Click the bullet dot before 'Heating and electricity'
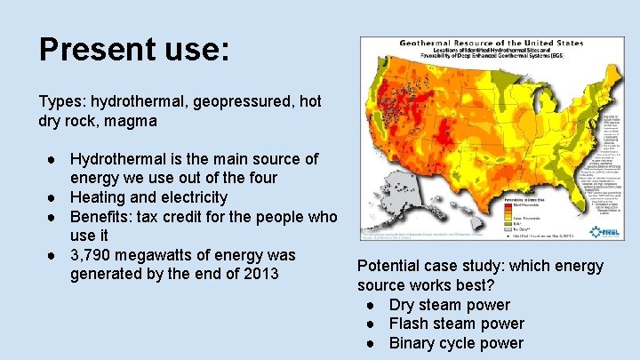pyautogui.click(x=55, y=197)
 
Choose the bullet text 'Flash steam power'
pyautogui.click(x=456, y=324)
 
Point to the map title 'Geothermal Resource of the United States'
pyautogui.click(x=492, y=43)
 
